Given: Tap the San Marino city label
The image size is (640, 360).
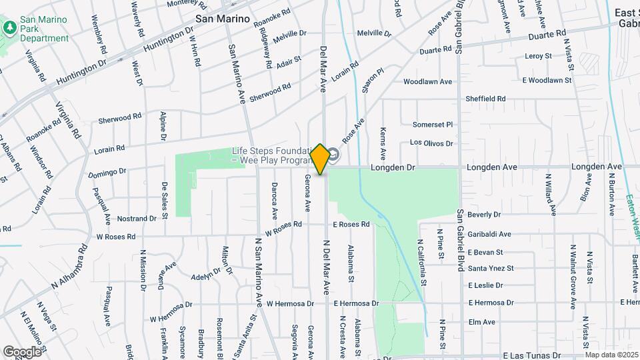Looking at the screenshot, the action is click(x=223, y=19).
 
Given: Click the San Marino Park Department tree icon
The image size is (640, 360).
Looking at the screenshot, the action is click(x=9, y=27).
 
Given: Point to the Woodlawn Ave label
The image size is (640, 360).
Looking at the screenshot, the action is click(x=427, y=82).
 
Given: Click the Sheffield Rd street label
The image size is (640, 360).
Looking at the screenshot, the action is click(x=485, y=99).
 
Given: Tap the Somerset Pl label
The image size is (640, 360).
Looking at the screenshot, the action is click(x=432, y=125).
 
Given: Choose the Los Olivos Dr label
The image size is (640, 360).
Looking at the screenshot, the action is click(x=431, y=143).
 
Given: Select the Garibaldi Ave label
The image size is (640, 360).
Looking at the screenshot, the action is click(x=489, y=234).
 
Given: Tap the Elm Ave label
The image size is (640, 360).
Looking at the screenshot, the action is click(x=481, y=322).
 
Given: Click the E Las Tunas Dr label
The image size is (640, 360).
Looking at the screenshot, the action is click(x=532, y=356).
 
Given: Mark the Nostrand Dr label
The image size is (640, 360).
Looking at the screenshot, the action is click(x=137, y=219).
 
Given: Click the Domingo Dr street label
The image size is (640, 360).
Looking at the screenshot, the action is click(x=107, y=173).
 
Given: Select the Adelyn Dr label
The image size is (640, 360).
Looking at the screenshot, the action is click(x=205, y=275).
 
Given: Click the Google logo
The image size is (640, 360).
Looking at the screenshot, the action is click(x=22, y=351).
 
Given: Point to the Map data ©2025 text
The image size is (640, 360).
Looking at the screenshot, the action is click(x=611, y=355).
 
